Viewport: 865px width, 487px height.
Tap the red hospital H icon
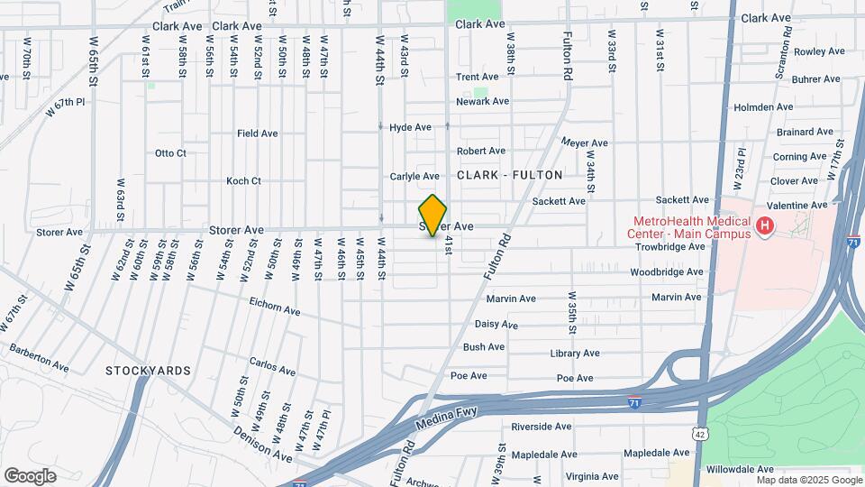(x=765, y=225)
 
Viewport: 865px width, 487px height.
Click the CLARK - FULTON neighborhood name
(x=510, y=175)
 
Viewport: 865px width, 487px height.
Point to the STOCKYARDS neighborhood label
(x=148, y=371)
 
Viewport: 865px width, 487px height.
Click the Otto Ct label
(x=170, y=153)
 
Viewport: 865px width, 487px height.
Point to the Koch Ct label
(x=243, y=180)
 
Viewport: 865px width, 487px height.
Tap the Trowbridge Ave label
(x=669, y=246)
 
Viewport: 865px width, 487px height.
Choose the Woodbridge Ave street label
(x=666, y=271)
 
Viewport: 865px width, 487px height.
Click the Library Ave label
(x=574, y=354)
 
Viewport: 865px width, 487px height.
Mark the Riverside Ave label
(x=541, y=427)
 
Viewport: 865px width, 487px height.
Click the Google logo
(x=30, y=475)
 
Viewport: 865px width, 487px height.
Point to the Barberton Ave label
(x=39, y=357)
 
